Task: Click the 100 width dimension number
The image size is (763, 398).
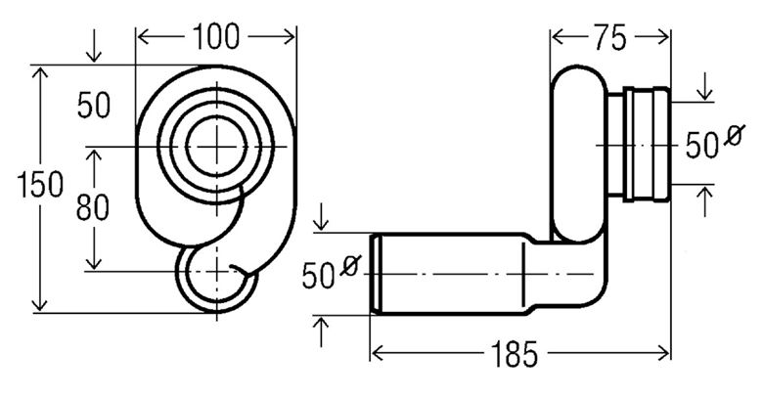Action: pos(216,37)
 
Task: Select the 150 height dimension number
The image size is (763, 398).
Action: pos(40,185)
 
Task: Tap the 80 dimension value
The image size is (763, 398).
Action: pos(93,208)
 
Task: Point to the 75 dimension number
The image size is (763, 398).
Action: pos(609,38)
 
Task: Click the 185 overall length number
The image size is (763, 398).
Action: pos(515,354)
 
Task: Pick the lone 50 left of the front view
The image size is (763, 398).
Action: pos(94,106)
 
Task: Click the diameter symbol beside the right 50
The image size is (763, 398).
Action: pos(735,135)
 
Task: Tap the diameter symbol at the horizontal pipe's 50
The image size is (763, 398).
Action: pos(350,265)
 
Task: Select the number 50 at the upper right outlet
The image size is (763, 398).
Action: pos(702,146)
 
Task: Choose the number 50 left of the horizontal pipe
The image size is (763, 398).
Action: pos(318,276)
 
